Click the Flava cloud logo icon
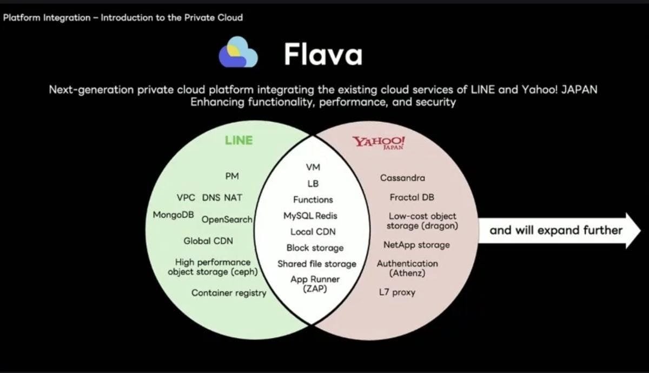pyautogui.click(x=238, y=52)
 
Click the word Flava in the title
pyautogui.click(x=323, y=54)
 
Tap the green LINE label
pyautogui.click(x=239, y=141)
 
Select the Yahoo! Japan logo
pyautogui.click(x=379, y=143)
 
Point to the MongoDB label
pyautogui.click(x=173, y=215)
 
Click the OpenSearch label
pyautogui.click(x=227, y=219)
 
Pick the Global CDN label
pyautogui.click(x=208, y=241)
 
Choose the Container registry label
pyautogui.click(x=229, y=293)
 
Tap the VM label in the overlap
pyautogui.click(x=313, y=167)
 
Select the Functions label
pyautogui.click(x=313, y=199)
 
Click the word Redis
pyautogui.click(x=326, y=216)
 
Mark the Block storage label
pyautogui.click(x=315, y=248)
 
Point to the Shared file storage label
pyautogui.click(x=317, y=264)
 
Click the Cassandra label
pyautogui.click(x=402, y=178)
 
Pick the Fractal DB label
pyautogui.click(x=412, y=197)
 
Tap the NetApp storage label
pyautogui.click(x=416, y=245)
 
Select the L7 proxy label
pyautogui.click(x=397, y=292)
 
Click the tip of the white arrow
pyautogui.click(x=640, y=230)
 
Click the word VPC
pyautogui.click(x=186, y=197)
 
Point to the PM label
pyautogui.click(x=232, y=176)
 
